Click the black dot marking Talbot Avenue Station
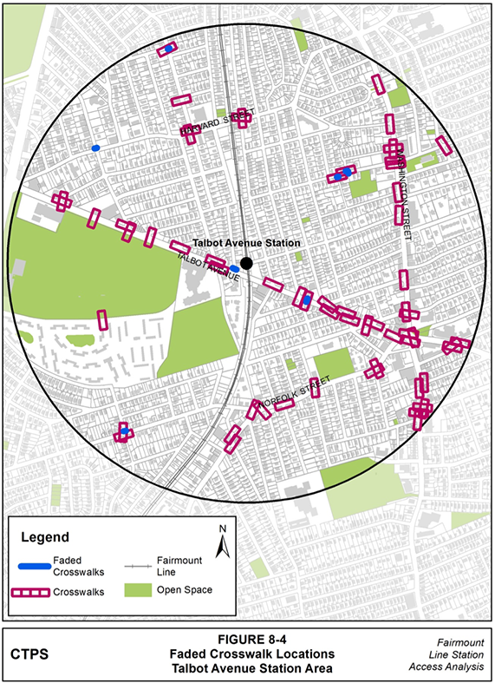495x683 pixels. (x=246, y=263)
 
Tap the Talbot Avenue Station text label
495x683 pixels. (x=245, y=244)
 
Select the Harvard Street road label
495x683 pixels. (x=209, y=125)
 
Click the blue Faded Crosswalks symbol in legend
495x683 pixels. (x=34, y=567)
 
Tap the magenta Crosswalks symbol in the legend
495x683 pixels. (x=34, y=592)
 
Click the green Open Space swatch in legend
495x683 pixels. (x=137, y=591)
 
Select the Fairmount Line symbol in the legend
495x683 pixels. (x=137, y=566)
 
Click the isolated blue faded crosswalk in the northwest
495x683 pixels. (x=95, y=148)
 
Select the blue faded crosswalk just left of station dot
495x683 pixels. (x=234, y=269)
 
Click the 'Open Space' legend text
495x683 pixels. (x=184, y=591)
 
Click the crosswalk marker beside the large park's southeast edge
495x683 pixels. (x=101, y=319)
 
